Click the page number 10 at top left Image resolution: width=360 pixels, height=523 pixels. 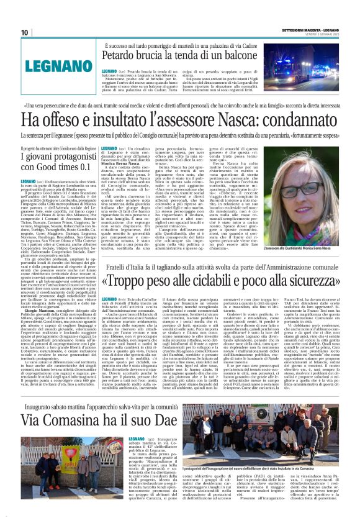(x=24, y=32)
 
